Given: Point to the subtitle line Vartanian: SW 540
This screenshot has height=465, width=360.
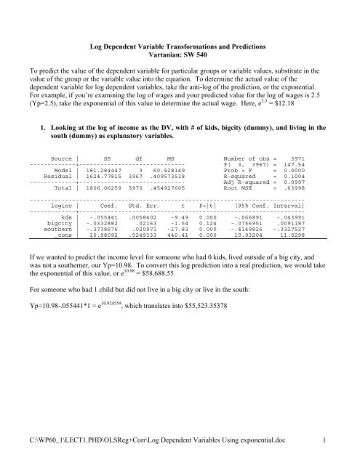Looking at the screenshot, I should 180,54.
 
